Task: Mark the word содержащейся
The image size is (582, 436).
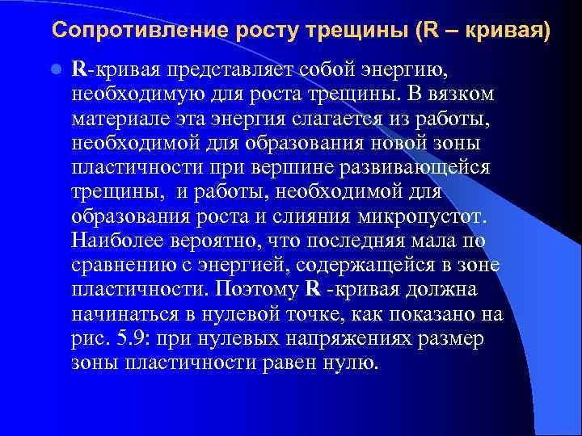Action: coord(385,266)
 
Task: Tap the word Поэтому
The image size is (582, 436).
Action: coord(263,291)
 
